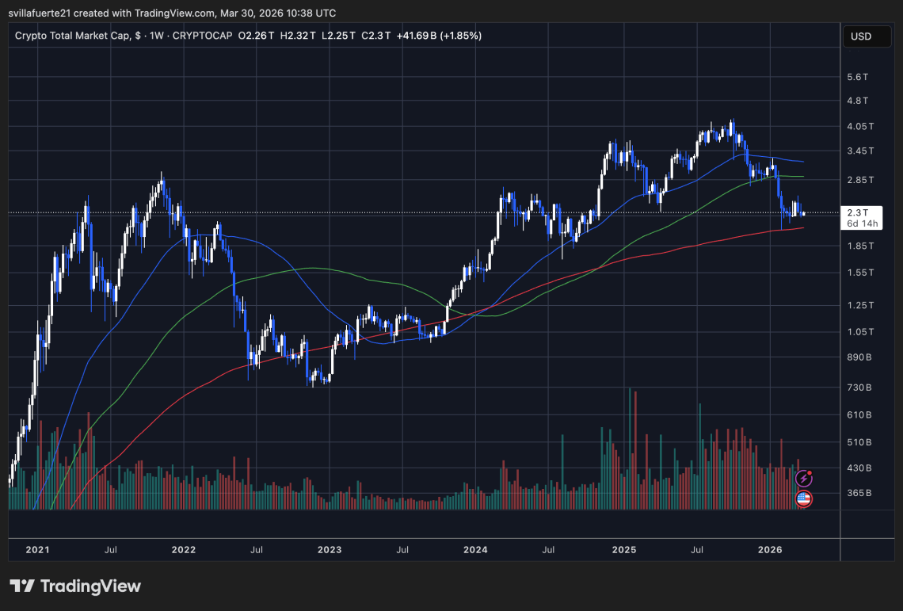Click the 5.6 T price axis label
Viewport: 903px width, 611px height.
click(x=859, y=77)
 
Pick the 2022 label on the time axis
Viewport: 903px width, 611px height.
click(x=183, y=549)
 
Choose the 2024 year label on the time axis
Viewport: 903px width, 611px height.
click(x=475, y=549)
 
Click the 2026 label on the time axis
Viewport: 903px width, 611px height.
click(x=770, y=549)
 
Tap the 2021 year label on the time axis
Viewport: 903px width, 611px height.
click(x=37, y=549)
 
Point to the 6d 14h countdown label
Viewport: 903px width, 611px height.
click(x=862, y=223)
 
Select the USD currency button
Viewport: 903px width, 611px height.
click(x=860, y=36)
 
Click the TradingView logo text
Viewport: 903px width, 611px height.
click(x=75, y=586)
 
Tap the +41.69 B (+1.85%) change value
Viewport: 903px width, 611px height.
click(x=440, y=36)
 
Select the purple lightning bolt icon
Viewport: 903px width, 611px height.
click(x=803, y=478)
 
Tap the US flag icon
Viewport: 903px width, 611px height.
click(x=803, y=498)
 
